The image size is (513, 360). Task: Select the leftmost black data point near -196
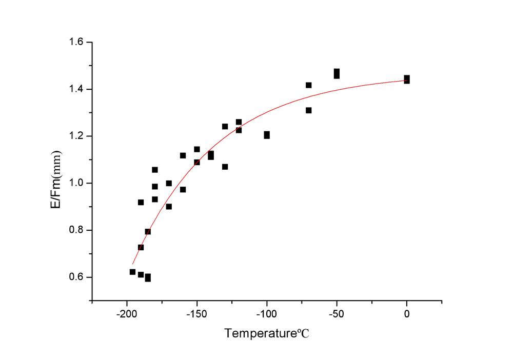[132, 272]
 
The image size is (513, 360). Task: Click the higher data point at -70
[308, 85]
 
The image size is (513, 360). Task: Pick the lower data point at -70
[308, 110]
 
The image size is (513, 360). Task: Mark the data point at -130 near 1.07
[225, 167]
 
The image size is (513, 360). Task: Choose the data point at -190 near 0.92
[141, 202]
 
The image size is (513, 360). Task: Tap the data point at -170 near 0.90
[169, 207]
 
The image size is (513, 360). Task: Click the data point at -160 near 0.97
[183, 190]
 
